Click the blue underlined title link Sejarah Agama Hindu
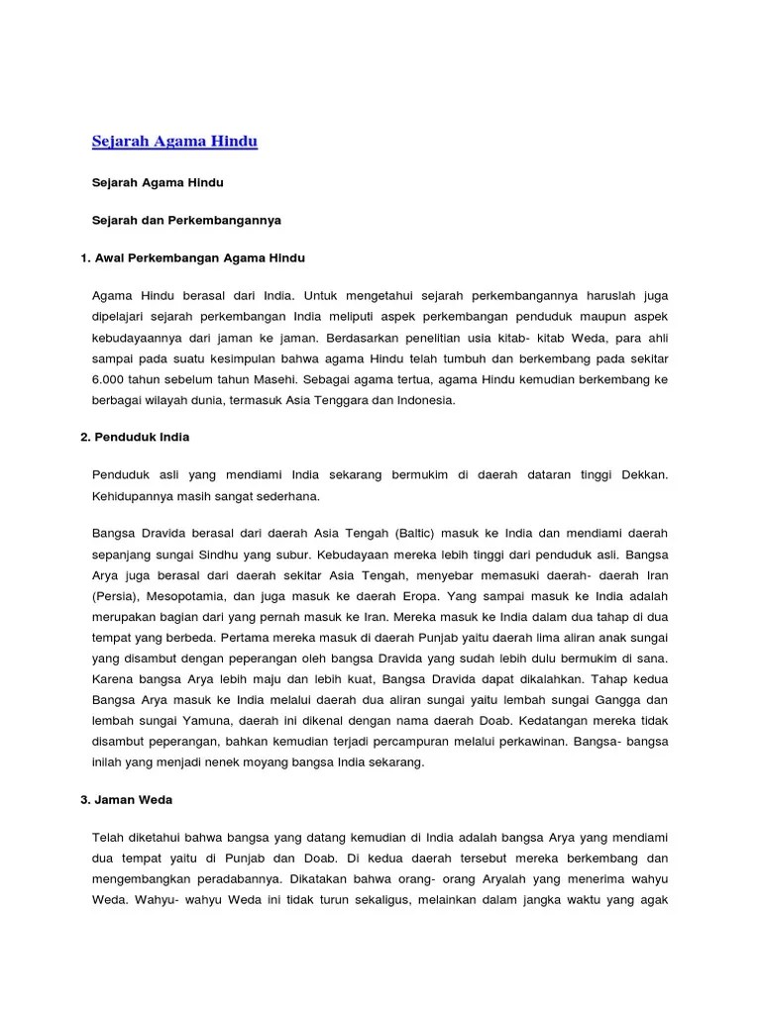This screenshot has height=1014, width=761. click(174, 142)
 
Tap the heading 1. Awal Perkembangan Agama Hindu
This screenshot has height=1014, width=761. click(192, 257)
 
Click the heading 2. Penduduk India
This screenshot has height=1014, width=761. click(135, 437)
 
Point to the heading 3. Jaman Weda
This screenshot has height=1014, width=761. click(127, 798)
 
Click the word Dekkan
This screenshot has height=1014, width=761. click(644, 474)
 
